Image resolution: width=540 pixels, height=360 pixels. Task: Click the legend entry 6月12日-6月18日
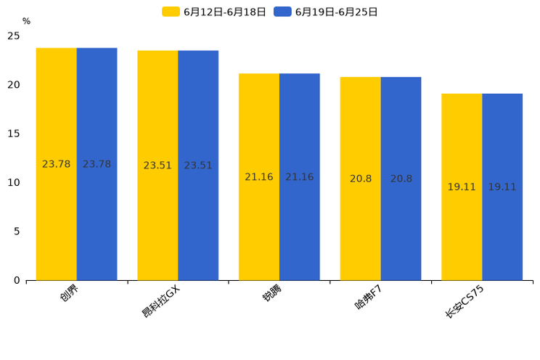click(215, 12)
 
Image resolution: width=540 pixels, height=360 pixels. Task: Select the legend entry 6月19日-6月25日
click(327, 12)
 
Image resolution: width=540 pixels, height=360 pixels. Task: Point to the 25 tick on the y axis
click(14, 36)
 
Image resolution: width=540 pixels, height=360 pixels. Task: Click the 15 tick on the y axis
click(14, 134)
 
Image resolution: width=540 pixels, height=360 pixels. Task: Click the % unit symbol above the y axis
click(26, 22)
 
